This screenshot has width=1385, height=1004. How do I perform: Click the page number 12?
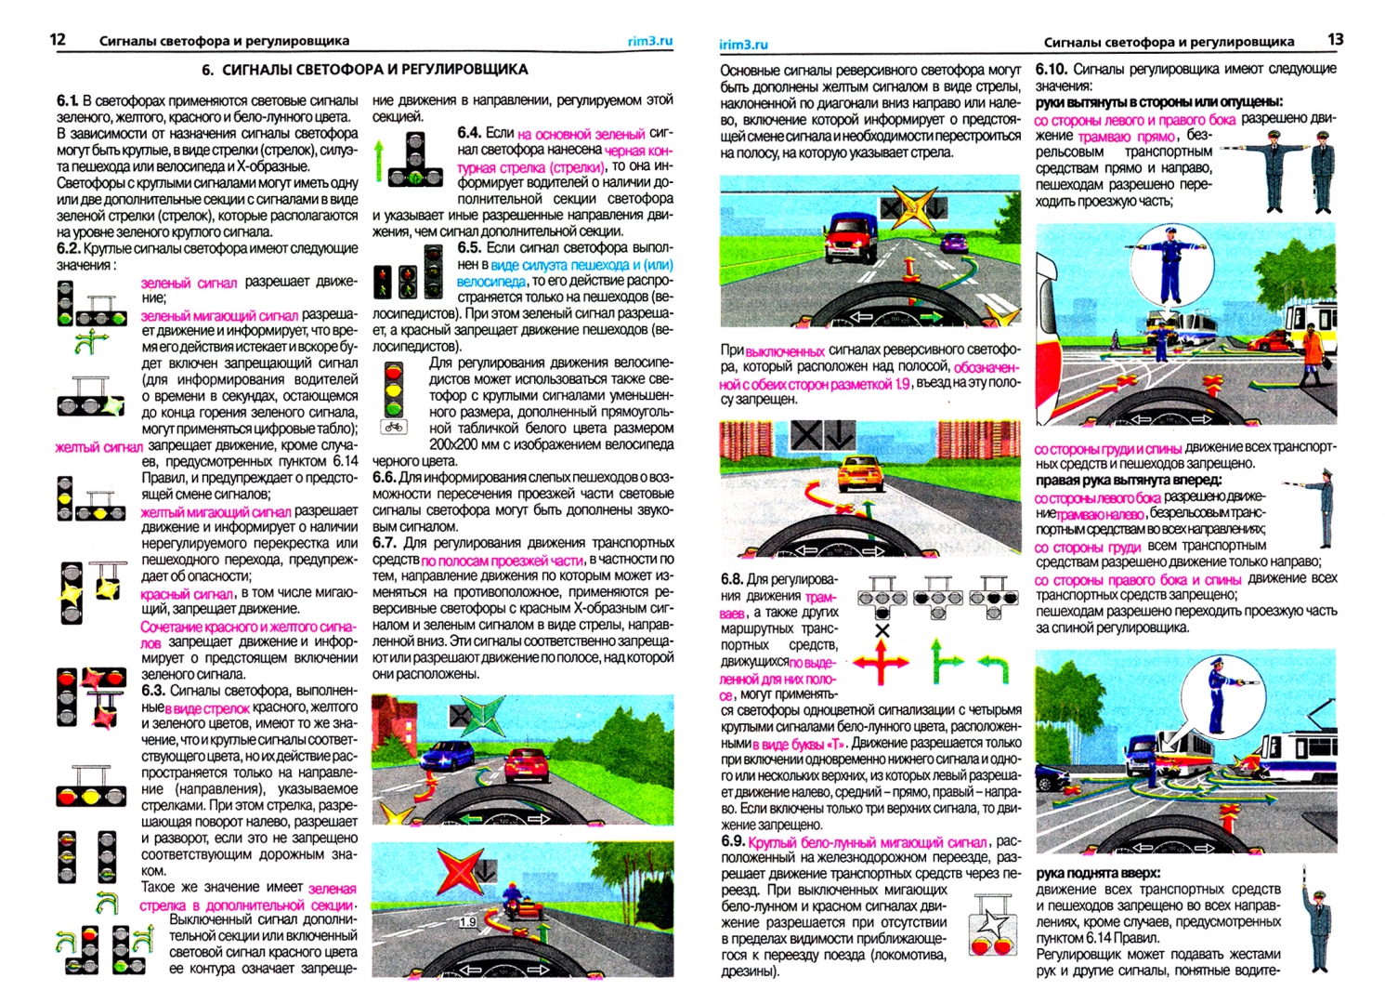[x=58, y=39]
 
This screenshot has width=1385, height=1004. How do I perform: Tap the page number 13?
[x=1335, y=39]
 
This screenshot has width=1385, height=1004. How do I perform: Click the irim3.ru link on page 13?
[x=743, y=44]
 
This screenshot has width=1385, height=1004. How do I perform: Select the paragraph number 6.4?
[x=469, y=133]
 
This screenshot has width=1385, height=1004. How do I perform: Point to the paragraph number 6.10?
[x=1051, y=69]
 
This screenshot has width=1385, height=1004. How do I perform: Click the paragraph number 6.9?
[x=732, y=841]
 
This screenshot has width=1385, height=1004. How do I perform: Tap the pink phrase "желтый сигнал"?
[x=98, y=447]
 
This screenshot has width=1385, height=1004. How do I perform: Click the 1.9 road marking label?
[x=467, y=922]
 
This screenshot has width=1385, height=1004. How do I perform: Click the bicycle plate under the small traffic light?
[x=394, y=428]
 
